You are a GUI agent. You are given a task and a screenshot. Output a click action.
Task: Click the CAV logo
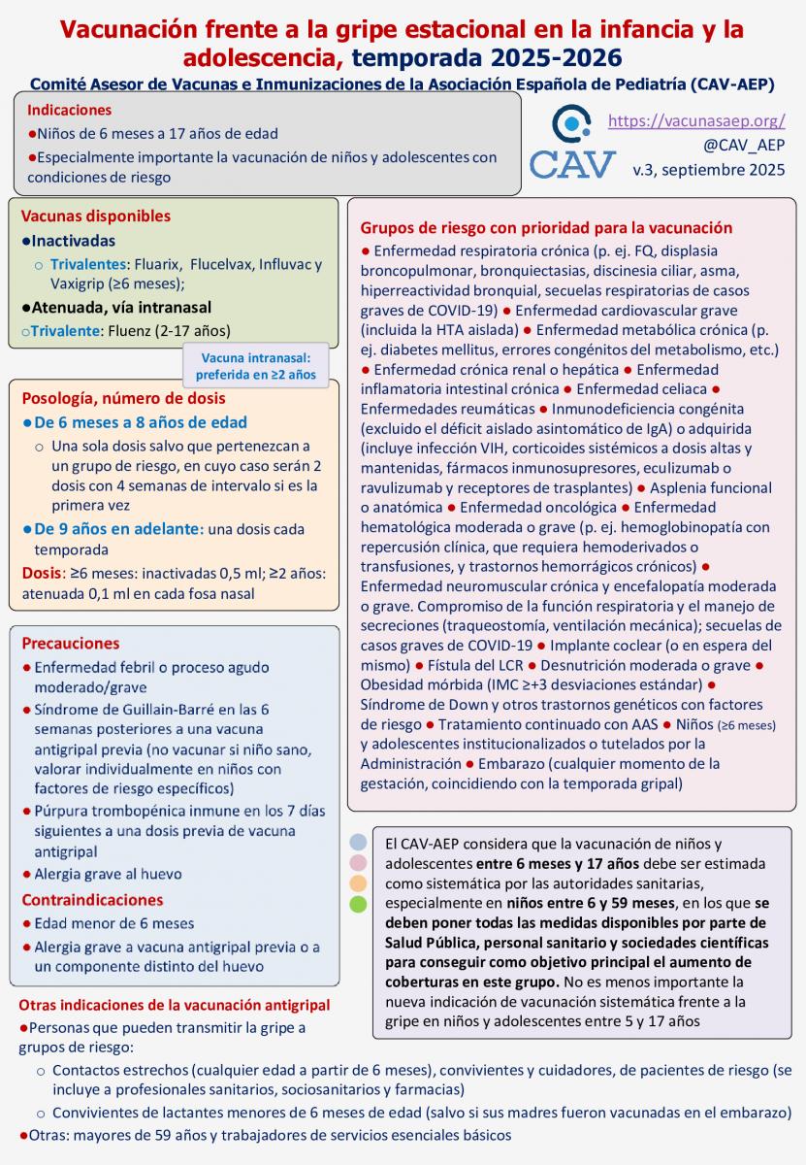(572, 145)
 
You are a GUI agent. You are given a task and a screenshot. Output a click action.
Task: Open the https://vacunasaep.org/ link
(695, 121)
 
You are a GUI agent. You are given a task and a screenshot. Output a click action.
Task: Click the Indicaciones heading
(69, 110)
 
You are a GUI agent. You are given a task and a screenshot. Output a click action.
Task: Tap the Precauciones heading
(71, 643)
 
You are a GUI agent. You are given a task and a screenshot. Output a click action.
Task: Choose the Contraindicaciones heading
(92, 899)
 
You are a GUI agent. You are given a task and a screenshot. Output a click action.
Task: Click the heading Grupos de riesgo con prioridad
(546, 228)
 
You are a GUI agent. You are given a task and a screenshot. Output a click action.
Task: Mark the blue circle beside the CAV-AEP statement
(358, 842)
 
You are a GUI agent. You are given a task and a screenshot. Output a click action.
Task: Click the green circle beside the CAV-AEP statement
(358, 905)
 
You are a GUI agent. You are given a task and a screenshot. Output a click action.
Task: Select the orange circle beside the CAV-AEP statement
(358, 883)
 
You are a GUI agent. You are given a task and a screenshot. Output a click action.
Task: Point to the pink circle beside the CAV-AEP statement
(358, 862)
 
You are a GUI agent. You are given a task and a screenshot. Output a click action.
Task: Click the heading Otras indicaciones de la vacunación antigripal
(175, 1004)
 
